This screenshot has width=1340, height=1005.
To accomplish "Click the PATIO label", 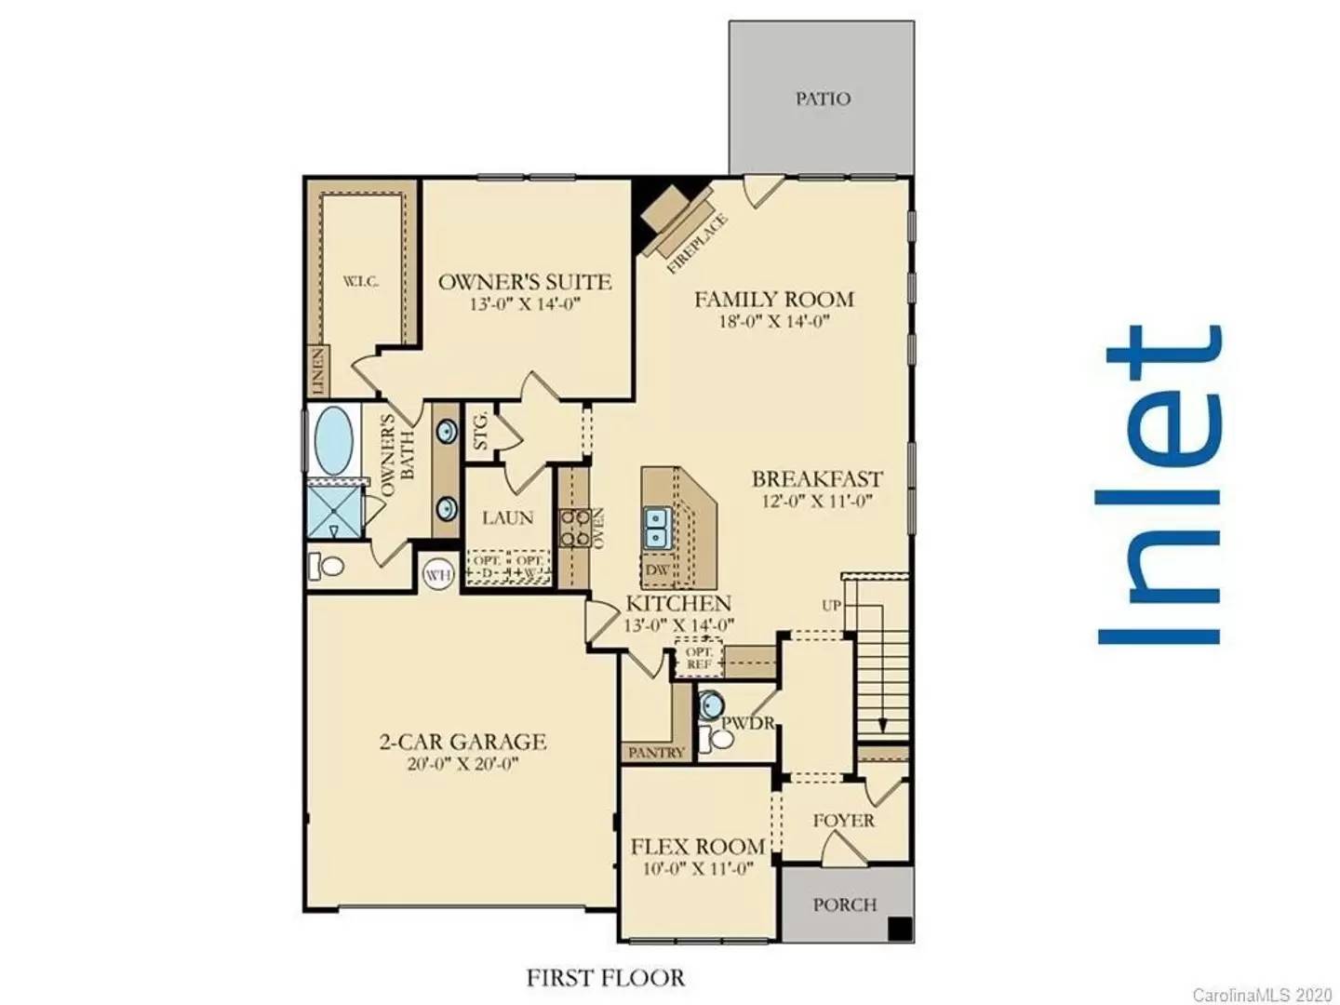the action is (x=822, y=99).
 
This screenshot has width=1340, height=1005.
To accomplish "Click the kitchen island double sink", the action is (x=657, y=529).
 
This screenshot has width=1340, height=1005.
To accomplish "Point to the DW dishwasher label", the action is (x=657, y=570).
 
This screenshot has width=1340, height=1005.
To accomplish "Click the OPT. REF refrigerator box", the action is (x=698, y=659).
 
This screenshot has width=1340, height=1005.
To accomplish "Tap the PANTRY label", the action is (x=656, y=753).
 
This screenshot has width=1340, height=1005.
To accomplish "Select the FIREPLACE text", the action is (x=698, y=243).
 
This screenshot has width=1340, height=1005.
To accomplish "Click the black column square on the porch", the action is (x=899, y=928).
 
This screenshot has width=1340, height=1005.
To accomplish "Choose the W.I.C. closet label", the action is (x=360, y=282).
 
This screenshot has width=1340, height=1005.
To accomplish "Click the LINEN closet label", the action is (x=318, y=371).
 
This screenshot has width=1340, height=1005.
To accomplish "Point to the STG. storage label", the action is (x=481, y=431).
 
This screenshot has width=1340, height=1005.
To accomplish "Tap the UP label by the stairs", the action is (x=831, y=606).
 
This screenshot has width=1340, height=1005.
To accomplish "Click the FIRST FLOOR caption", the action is (x=606, y=978).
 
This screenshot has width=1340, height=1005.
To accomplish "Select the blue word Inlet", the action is (x=1159, y=485).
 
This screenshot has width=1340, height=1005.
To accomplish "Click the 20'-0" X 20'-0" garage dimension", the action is (x=462, y=764).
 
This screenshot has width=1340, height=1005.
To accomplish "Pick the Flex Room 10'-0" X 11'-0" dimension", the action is (x=698, y=867).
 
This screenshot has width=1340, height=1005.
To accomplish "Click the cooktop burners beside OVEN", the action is (x=572, y=529).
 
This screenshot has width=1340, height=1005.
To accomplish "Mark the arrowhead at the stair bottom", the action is (x=881, y=725).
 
